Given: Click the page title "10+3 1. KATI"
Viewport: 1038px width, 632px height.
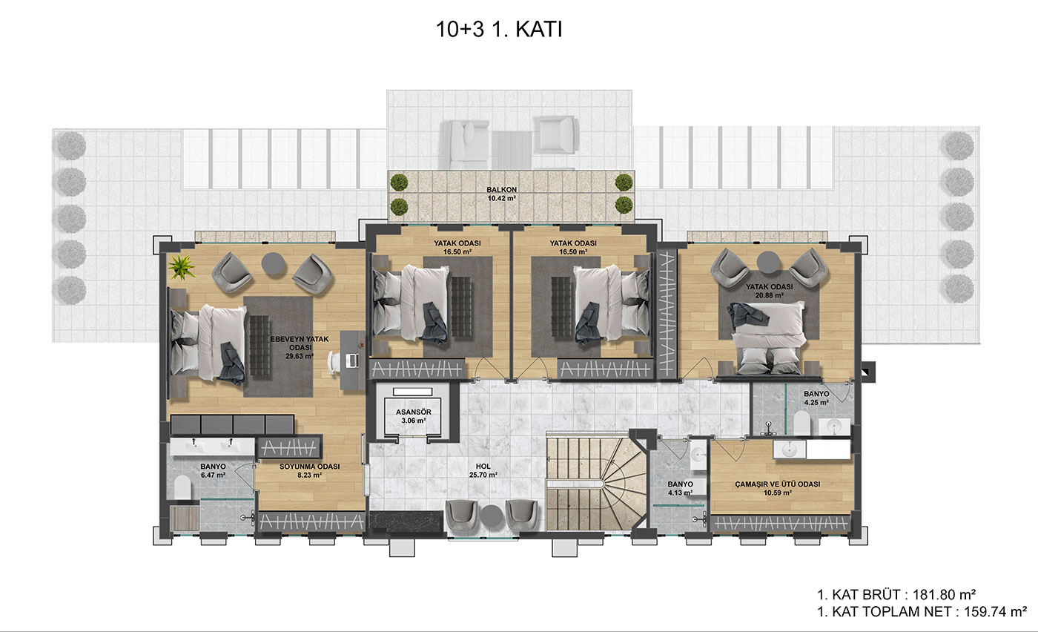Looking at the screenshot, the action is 499,29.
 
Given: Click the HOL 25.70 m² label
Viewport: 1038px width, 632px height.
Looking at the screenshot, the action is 483,470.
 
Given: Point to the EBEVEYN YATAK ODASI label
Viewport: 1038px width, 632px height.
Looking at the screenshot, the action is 300,347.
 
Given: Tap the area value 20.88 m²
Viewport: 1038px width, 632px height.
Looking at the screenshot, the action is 770,295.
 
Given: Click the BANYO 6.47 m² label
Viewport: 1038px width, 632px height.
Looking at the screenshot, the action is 214,470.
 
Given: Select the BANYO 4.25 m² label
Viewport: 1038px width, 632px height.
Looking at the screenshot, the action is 816,398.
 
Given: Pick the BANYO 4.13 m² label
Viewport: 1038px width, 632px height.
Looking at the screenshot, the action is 681,488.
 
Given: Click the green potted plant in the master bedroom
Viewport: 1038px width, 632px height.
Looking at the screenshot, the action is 182,267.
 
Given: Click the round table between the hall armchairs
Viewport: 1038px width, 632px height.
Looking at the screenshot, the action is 491,515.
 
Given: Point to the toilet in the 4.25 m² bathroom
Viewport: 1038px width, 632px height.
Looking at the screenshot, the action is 801,423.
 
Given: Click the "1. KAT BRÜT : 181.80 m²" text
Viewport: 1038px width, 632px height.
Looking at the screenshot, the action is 896,594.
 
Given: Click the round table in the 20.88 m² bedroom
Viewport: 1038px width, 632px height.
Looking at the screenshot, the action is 768,263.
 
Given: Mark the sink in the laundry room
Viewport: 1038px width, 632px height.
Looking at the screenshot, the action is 790,450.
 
